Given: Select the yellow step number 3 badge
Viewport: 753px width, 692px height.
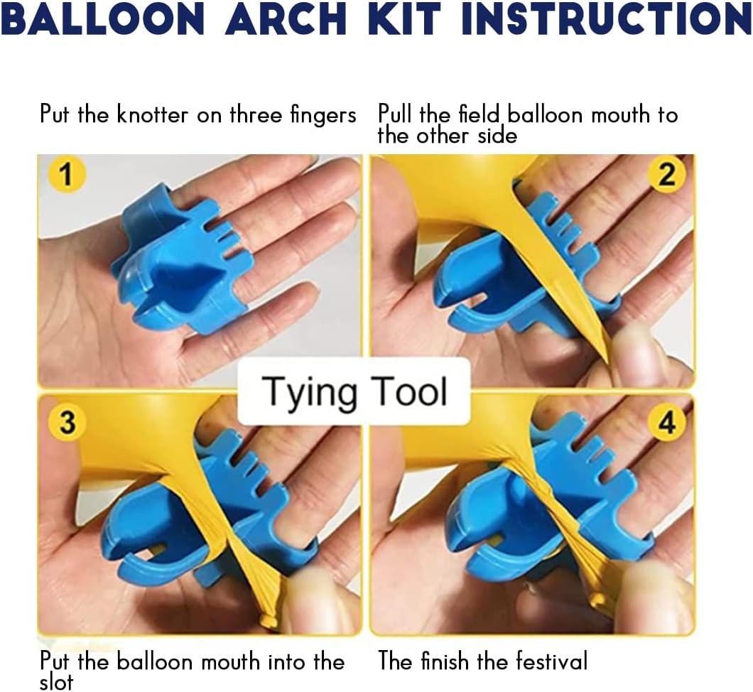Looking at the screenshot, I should tap(66, 422).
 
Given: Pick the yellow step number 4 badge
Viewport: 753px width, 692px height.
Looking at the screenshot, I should tap(666, 422).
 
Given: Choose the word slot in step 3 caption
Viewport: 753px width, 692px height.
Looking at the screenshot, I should tap(56, 681).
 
